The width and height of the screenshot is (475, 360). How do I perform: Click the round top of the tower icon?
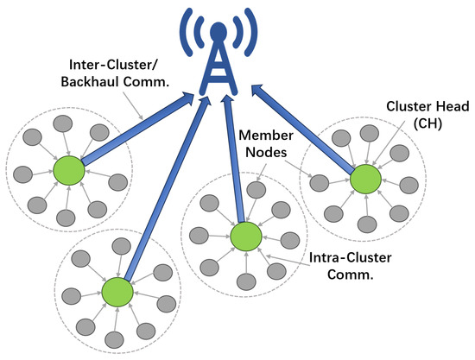(x=218, y=31)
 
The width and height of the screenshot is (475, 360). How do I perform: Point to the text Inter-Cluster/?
(x=113, y=65)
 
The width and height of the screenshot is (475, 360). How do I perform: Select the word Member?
(x=266, y=135)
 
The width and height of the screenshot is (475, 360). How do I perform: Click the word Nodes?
(x=266, y=152)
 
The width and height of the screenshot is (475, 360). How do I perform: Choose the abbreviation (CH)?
(x=427, y=123)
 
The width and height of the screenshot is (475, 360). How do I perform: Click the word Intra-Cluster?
(x=350, y=257)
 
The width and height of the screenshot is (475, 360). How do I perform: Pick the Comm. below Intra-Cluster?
(x=350, y=275)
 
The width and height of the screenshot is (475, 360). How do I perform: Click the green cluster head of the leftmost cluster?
(x=69, y=170)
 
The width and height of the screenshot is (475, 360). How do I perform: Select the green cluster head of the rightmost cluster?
(x=365, y=180)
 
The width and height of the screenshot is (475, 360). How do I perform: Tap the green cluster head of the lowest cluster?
(x=117, y=292)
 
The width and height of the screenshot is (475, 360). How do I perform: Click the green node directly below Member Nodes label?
(x=246, y=237)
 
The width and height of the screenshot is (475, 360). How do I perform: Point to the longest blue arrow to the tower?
(x=168, y=188)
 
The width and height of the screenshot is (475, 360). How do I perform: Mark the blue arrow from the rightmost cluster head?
(x=303, y=129)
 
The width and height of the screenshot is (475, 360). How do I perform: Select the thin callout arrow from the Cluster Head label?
(x=389, y=142)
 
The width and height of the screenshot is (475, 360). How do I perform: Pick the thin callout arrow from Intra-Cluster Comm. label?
(x=288, y=261)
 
